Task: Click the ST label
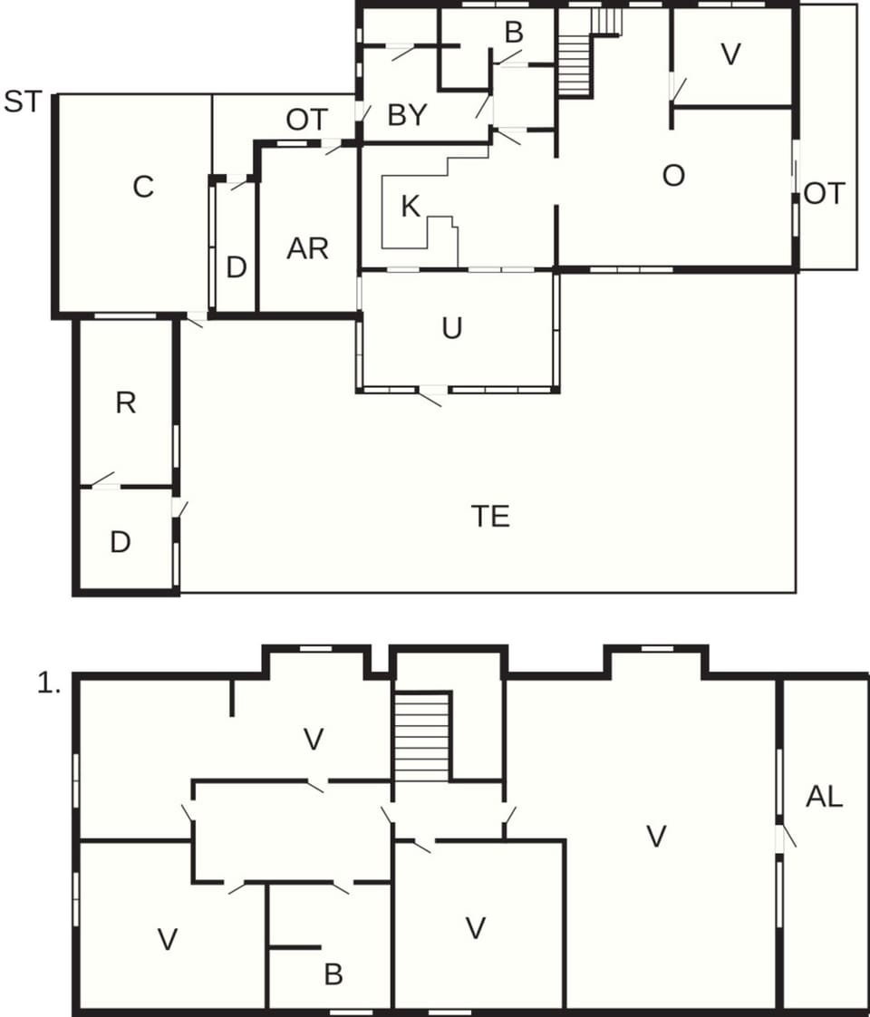[23, 102]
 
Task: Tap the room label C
[143, 187]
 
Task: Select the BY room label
[407, 116]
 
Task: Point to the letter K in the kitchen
[411, 207]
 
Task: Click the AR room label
[307, 248]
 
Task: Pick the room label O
[673, 176]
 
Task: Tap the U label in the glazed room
[451, 328]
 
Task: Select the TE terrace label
[490, 516]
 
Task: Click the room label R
[125, 403]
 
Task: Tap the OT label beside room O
[824, 194]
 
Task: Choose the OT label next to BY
[306, 120]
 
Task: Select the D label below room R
[120, 542]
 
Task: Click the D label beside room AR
[236, 268]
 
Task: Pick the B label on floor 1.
[333, 974]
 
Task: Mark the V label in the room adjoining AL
[657, 837]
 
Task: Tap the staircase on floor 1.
[422, 736]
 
